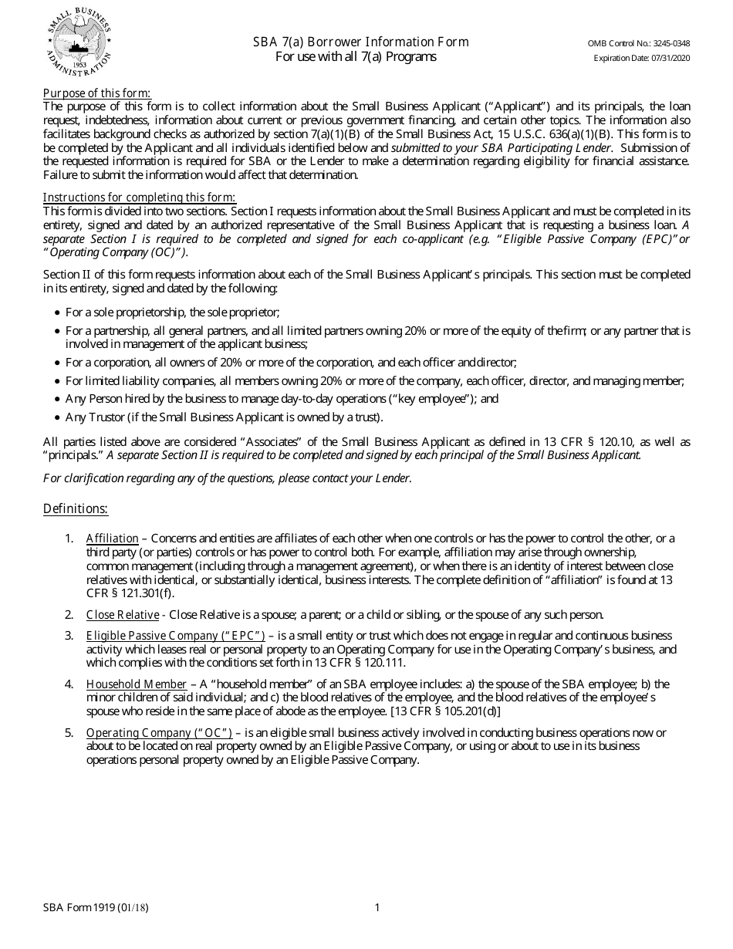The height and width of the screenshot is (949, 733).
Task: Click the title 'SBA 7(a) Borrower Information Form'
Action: [x=360, y=42]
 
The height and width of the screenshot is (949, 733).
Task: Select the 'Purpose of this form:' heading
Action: [x=96, y=93]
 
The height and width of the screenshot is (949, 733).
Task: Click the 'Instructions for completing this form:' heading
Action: [x=139, y=197]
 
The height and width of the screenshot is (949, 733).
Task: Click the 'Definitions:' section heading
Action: [x=76, y=508]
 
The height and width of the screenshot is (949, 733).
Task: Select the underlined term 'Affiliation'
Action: [x=112, y=538]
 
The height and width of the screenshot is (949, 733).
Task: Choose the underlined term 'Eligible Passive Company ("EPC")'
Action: [x=175, y=635]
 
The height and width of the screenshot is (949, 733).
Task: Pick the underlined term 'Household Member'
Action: [x=136, y=684]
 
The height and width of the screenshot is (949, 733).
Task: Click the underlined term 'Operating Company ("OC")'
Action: [x=159, y=732]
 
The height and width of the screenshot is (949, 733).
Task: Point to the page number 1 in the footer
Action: [x=377, y=907]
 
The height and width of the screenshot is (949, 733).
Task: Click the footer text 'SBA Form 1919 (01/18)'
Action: [x=96, y=907]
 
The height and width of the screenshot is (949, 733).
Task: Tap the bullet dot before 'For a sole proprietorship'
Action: [x=57, y=312]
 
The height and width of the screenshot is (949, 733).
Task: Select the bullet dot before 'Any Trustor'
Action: [x=57, y=417]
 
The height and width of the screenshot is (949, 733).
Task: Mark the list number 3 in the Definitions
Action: [x=69, y=635]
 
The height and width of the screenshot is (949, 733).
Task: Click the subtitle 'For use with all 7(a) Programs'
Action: [x=356, y=56]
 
